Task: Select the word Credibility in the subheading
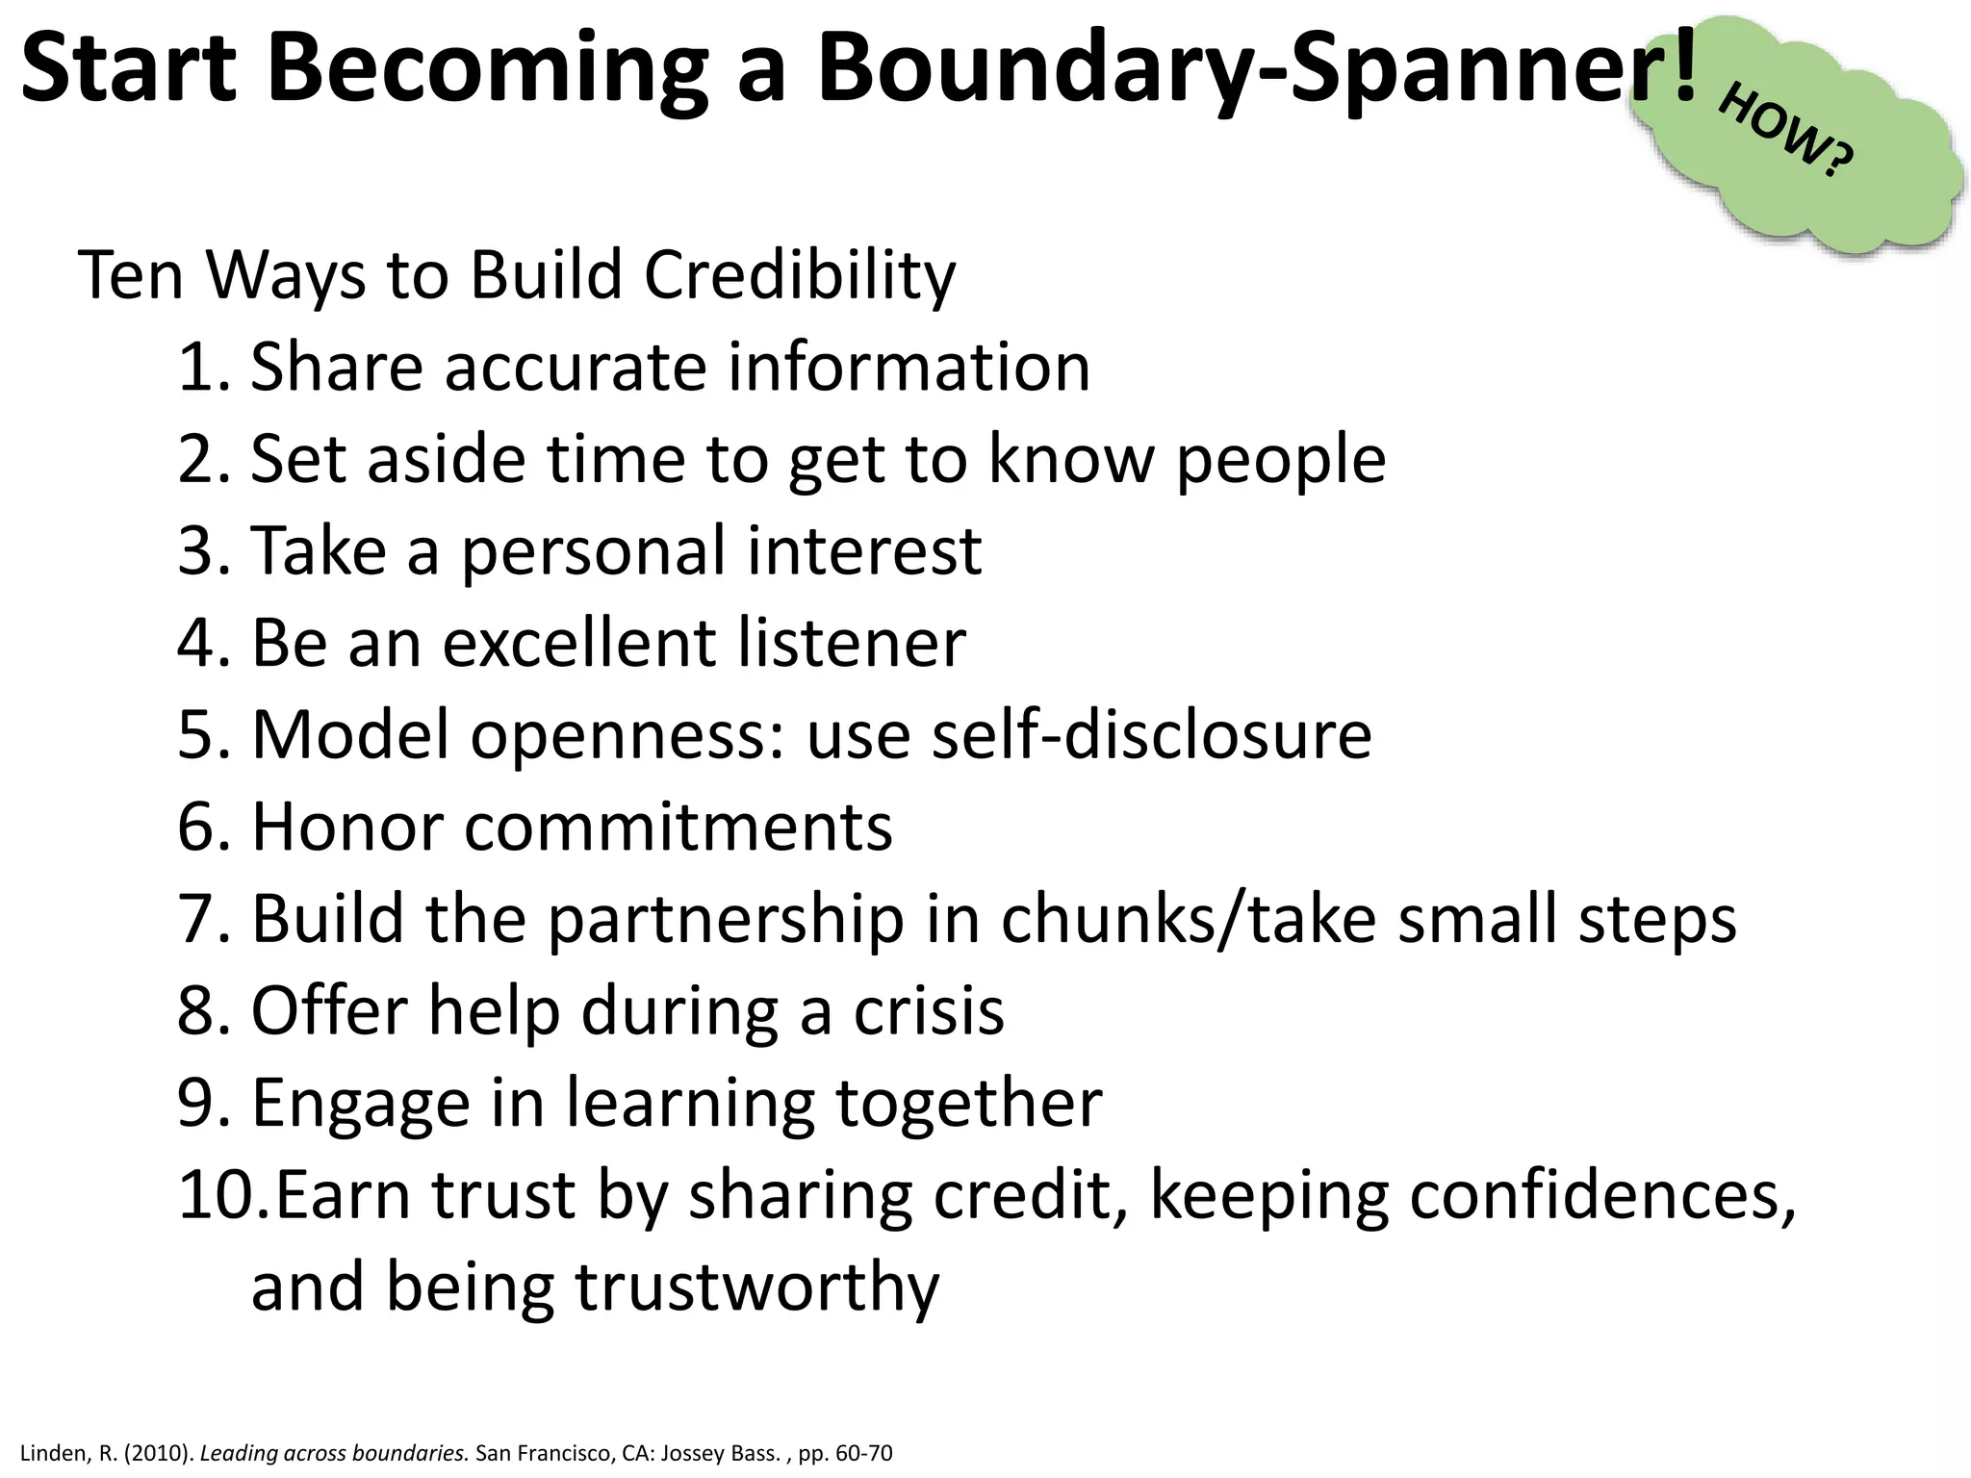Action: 799,276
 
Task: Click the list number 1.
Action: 202,368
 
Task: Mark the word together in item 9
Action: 967,1104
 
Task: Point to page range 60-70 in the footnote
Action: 863,1453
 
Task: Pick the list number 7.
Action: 202,919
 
